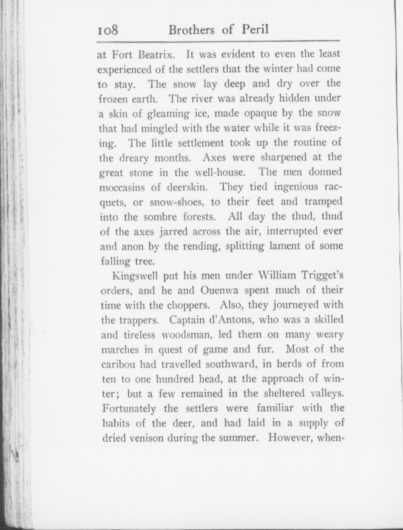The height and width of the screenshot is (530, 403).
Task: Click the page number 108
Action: [x=108, y=30]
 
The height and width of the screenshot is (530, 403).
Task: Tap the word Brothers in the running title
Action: [x=191, y=30]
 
